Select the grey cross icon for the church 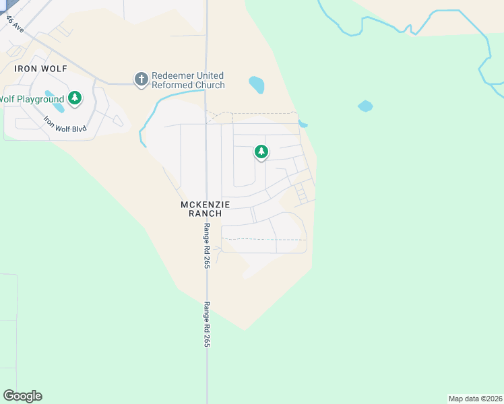(141, 79)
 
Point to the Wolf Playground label (32, 100)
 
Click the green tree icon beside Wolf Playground (75, 99)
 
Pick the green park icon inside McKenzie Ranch (261, 152)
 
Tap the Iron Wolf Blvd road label (65, 124)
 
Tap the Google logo (22, 396)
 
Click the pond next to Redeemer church (256, 85)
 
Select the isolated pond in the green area (365, 106)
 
